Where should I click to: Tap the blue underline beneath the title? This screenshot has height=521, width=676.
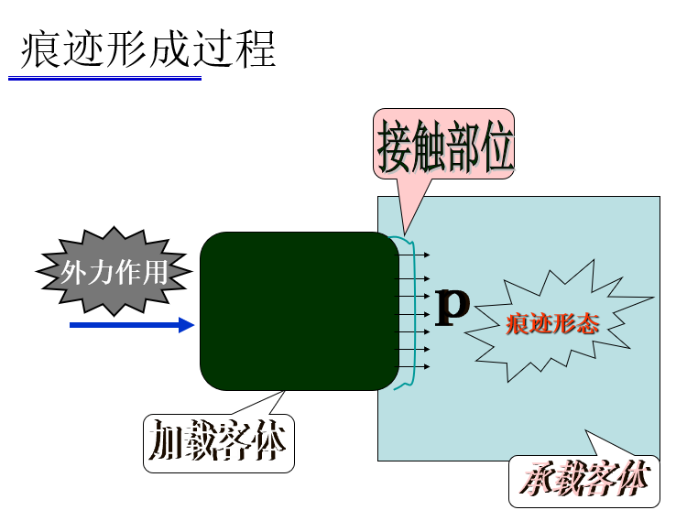tap(104, 79)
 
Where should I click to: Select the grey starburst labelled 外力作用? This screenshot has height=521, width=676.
tap(114, 272)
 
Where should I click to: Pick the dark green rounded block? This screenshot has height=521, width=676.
tap(299, 311)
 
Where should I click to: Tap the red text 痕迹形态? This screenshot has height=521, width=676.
tap(551, 324)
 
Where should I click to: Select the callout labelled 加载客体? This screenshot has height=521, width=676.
tap(219, 444)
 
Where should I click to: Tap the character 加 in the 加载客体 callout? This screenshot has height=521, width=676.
tap(166, 444)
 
